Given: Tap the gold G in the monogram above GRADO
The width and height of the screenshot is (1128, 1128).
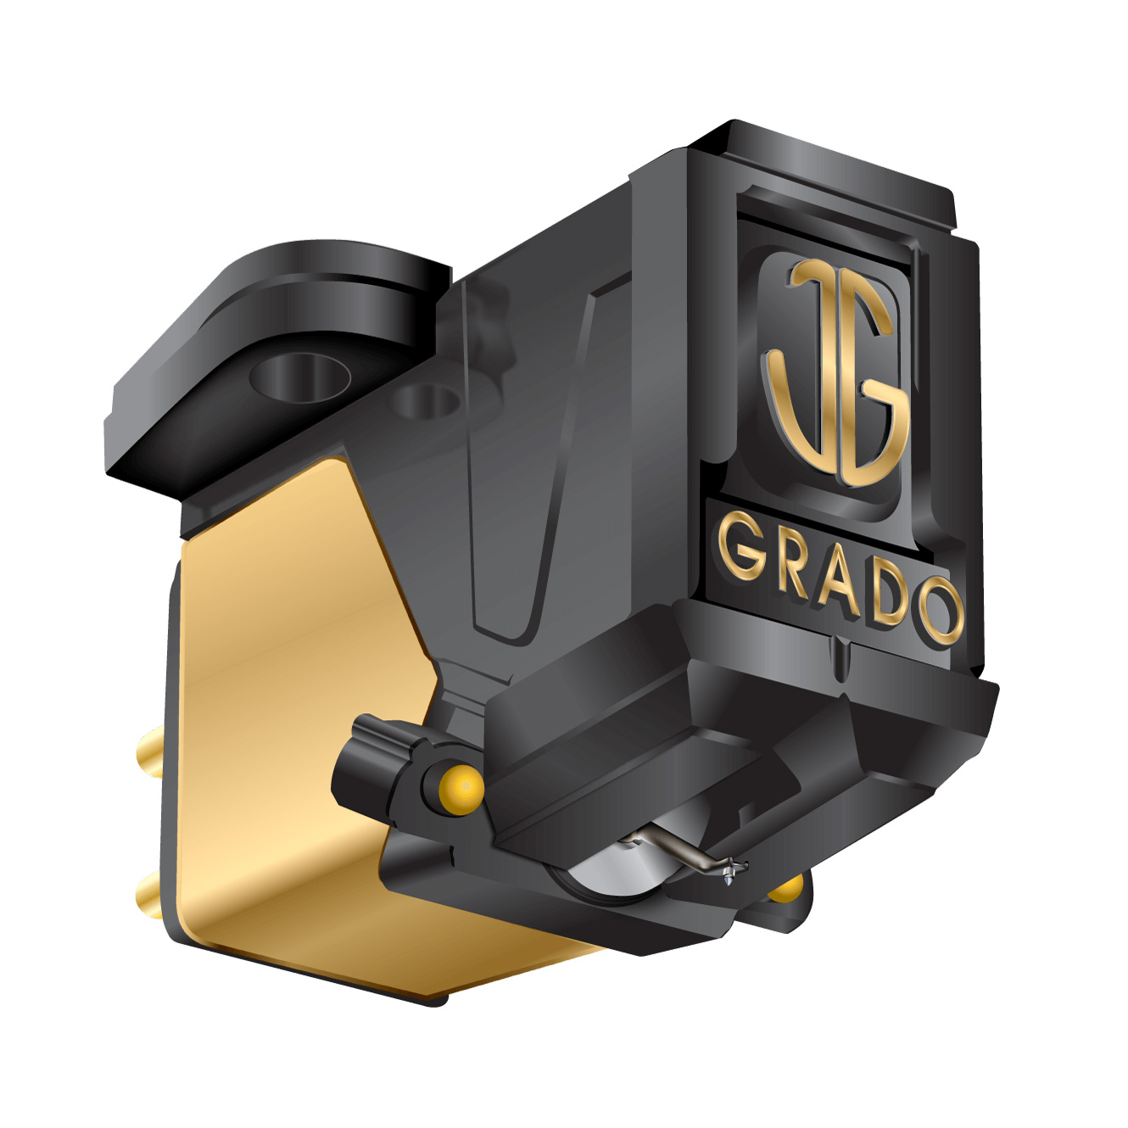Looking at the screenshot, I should [874, 399].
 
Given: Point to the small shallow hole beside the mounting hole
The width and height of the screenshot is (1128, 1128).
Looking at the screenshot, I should [428, 400].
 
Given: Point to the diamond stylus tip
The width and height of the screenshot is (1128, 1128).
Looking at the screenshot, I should [729, 882].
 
